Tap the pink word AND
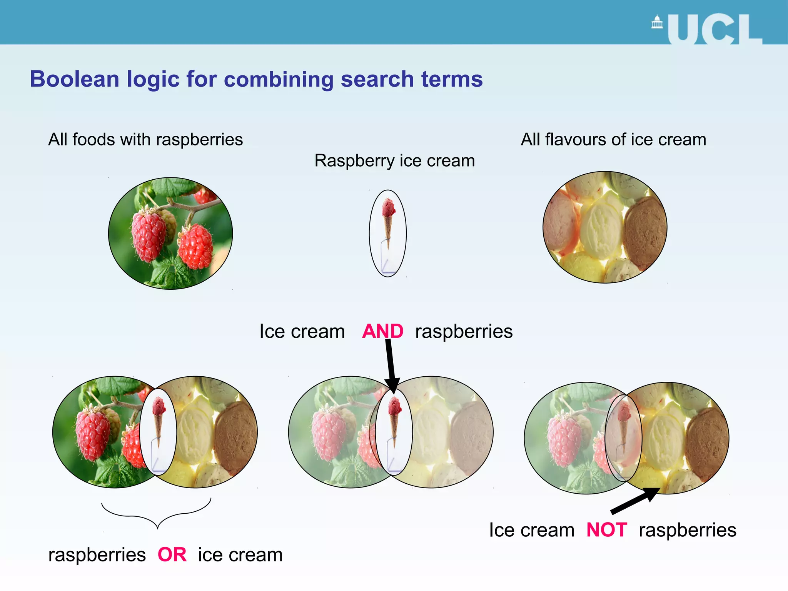pyautogui.click(x=382, y=331)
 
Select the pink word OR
pyautogui.click(x=172, y=554)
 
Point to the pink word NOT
pyautogui.click(x=607, y=530)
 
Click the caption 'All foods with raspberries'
pyautogui.click(x=145, y=139)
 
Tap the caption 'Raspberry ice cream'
pyautogui.click(x=394, y=160)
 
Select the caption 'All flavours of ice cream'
pyautogui.click(x=613, y=139)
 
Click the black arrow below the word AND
pyautogui.click(x=391, y=366)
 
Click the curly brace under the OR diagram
pyautogui.click(x=157, y=514)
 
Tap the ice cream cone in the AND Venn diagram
pyautogui.click(x=394, y=419)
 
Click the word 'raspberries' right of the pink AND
pyautogui.click(x=464, y=331)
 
